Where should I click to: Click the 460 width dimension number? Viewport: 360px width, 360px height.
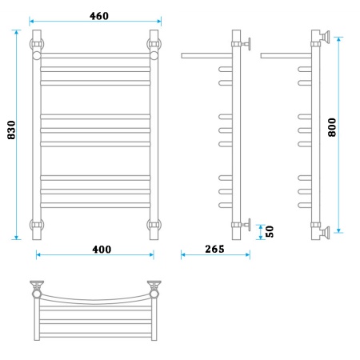pyautogui.click(x=99, y=16)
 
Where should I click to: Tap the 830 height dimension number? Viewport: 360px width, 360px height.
pyautogui.click(x=11, y=130)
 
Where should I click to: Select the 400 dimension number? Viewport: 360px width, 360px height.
pyautogui.click(x=102, y=250)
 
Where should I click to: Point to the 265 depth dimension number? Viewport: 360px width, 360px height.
pyautogui.click(x=214, y=249)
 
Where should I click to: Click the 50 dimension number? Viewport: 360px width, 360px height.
pyautogui.click(x=270, y=231)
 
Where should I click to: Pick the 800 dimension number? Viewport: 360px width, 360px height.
pyautogui.click(x=332, y=127)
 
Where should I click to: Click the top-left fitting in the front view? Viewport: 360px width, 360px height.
pyautogui.click(x=37, y=44)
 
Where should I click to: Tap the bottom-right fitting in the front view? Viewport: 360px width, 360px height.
pyautogui.click(x=154, y=225)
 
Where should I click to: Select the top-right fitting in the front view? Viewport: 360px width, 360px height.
pyautogui.click(x=154, y=44)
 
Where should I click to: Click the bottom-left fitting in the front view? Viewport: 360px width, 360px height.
pyautogui.click(x=37, y=225)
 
